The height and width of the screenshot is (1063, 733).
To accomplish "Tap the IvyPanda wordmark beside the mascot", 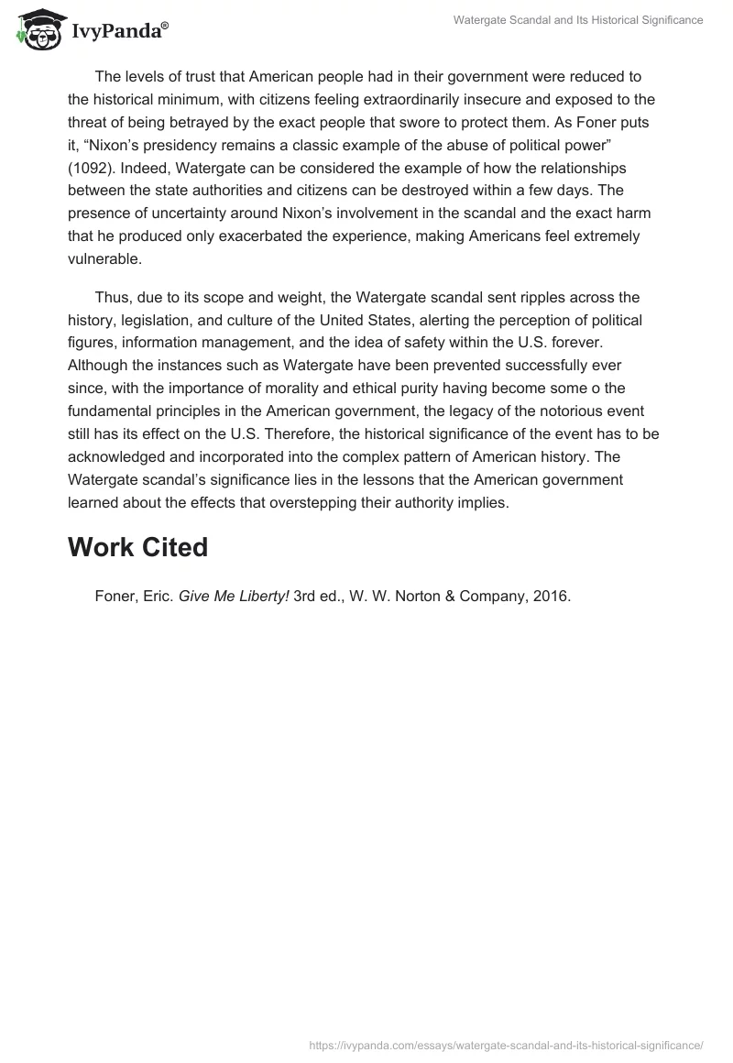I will tap(119, 31).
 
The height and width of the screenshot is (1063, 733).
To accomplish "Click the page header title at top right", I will tap(578, 20).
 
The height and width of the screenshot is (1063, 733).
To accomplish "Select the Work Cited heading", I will tap(137, 547).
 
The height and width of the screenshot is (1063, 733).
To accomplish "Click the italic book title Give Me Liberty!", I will tap(234, 596).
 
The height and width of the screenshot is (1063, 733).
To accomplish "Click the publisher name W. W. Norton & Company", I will tap(430, 596).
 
